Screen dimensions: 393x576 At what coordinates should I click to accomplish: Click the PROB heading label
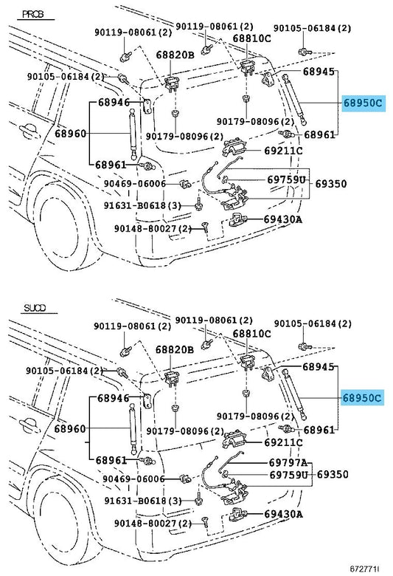[33, 14]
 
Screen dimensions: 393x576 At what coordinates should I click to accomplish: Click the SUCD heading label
[35, 308]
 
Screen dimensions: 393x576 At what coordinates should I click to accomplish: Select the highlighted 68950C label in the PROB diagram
[363, 103]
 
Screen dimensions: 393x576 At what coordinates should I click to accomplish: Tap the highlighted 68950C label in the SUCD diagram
[362, 398]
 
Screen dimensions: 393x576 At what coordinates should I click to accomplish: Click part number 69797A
[288, 462]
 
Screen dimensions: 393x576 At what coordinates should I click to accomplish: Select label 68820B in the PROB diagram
[175, 55]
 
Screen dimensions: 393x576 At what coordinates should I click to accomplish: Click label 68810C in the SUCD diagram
[251, 334]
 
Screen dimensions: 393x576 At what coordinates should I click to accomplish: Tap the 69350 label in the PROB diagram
[330, 183]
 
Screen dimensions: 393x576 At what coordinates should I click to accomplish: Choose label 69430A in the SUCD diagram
[283, 514]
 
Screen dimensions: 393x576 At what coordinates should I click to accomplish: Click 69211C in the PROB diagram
[283, 150]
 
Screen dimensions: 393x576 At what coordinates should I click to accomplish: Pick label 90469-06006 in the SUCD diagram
[133, 479]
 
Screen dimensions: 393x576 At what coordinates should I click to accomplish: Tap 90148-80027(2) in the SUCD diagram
[153, 523]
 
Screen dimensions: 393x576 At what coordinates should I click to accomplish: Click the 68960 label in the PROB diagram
[71, 133]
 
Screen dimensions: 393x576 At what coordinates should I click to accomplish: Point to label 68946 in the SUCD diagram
[113, 398]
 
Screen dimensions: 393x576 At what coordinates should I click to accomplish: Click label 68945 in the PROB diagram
[319, 72]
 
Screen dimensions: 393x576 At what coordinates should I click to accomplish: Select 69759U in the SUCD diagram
[288, 475]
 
